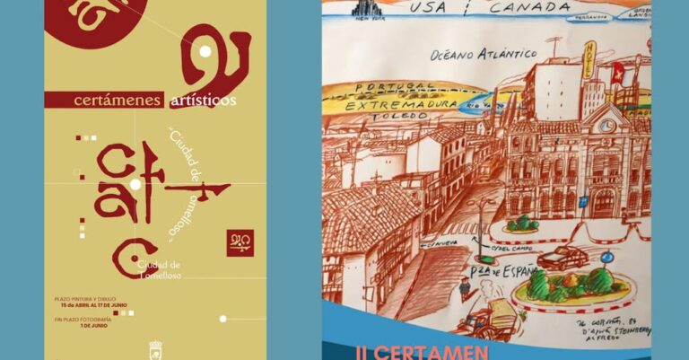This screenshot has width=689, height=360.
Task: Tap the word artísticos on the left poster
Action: pos(204,101)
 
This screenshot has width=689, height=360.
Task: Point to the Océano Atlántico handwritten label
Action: pos(484,56)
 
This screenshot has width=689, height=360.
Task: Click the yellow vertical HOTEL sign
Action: pos(589,62)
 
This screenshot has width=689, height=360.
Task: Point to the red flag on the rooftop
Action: pos(617,73)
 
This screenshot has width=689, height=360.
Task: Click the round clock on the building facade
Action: pos(607,126)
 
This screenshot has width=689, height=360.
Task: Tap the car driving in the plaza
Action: pos(563,258)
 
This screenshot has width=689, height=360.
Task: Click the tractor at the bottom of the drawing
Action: pos(495,319)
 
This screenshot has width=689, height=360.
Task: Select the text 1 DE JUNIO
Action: pos(93,326)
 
